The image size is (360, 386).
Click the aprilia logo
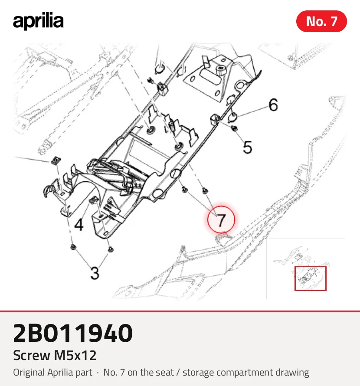coord(38,21)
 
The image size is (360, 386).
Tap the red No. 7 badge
coord(321,21)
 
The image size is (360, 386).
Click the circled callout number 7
coord(221,219)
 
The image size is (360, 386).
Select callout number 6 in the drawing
coord(273,105)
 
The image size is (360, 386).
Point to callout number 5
coord(248,147)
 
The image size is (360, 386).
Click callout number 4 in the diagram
coord(79,225)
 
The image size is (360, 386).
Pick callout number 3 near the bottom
coord(95,273)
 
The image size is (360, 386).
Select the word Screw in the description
coord(32,355)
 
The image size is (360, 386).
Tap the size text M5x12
coord(75,355)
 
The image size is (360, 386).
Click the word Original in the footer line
coord(29,373)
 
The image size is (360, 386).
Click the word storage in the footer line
coord(198,373)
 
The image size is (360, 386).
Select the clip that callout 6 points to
coord(232,117)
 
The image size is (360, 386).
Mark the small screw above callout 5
coord(235,128)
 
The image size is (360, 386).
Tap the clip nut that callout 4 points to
coord(92,200)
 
